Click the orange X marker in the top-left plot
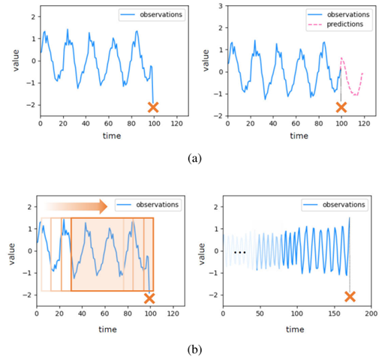(153, 107)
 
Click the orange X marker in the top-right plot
(341, 107)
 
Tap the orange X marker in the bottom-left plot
(149, 298)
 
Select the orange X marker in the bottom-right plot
(350, 297)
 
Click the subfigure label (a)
(194, 158)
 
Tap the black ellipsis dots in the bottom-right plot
(239, 253)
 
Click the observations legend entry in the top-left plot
(153, 14)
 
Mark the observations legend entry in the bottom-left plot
(153, 205)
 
